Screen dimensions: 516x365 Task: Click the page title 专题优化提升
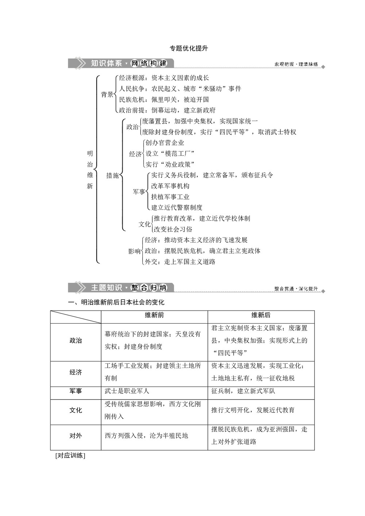[x=189, y=49]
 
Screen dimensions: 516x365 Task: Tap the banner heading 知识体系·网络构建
[x=128, y=63]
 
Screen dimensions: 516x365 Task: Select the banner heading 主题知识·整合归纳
[x=128, y=288]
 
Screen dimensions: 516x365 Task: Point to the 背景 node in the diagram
[x=107, y=95]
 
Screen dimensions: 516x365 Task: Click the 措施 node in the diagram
[x=112, y=176]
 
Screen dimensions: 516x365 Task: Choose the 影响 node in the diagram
[x=134, y=251]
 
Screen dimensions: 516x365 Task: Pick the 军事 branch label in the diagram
[x=139, y=192]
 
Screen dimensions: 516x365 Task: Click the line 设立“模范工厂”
[x=170, y=154]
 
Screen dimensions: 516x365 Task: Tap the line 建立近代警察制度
[x=177, y=208]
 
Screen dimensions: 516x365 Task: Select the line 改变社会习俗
[x=173, y=229]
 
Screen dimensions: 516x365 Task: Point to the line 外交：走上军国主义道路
[x=180, y=262]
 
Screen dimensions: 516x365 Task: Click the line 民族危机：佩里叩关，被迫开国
[x=164, y=100]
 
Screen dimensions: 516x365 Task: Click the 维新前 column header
[x=154, y=315]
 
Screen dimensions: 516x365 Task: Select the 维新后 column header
[x=261, y=315]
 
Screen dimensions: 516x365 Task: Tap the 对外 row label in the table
[x=76, y=436]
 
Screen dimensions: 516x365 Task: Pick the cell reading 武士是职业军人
[x=127, y=391]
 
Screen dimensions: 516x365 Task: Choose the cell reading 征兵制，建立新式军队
[x=243, y=391]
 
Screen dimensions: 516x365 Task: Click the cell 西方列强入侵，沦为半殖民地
[x=146, y=436]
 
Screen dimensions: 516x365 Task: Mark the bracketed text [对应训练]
[x=70, y=455]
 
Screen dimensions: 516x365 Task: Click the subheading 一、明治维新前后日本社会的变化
[x=116, y=302]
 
